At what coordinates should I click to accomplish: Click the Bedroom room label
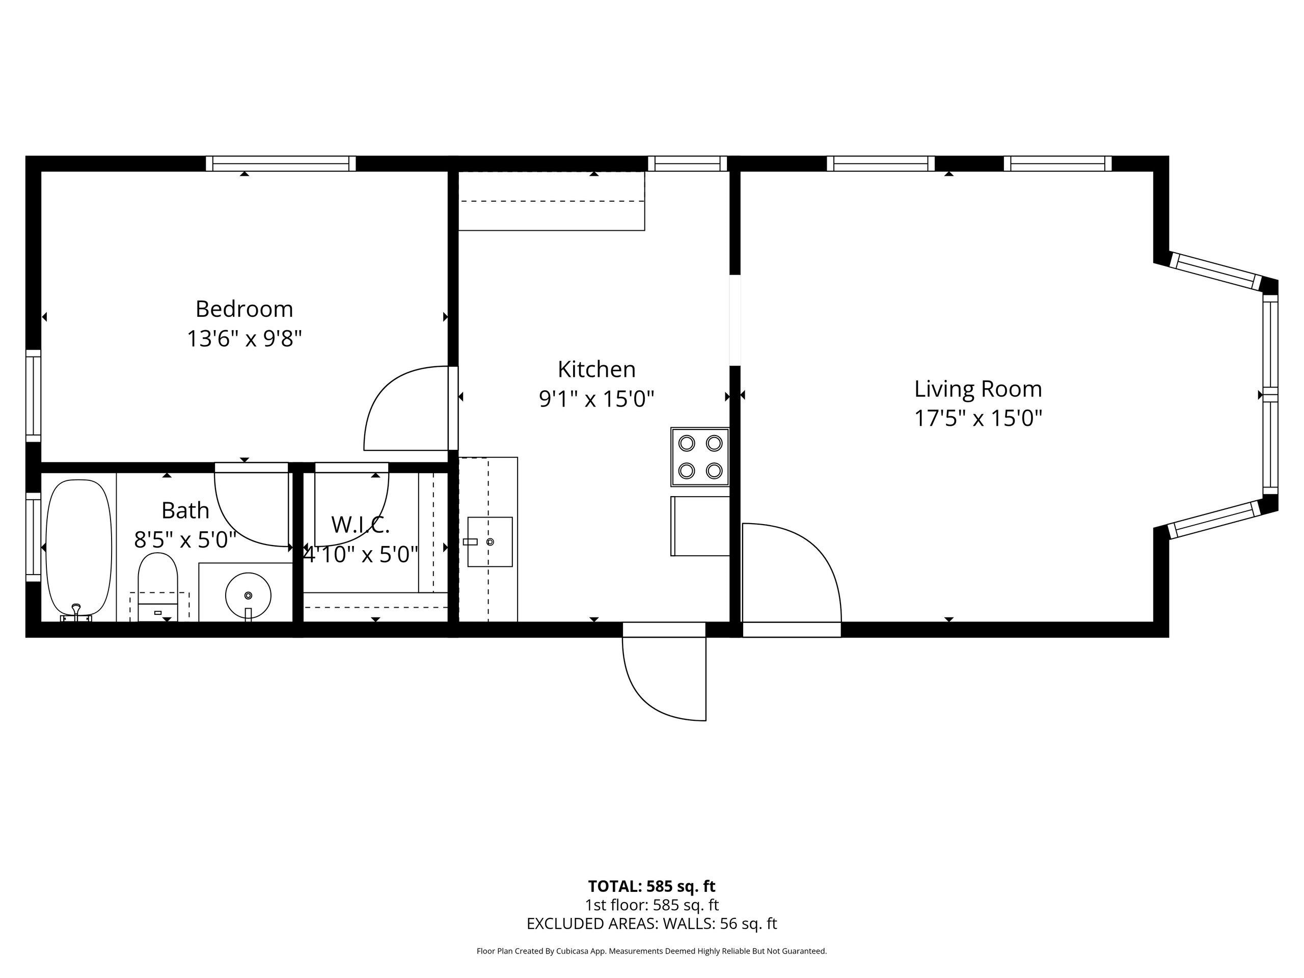[244, 309]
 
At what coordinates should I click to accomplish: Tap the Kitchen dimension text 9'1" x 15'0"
[596, 399]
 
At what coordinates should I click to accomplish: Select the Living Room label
[978, 389]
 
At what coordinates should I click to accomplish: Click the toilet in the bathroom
[157, 587]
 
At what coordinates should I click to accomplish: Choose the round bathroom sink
[248, 595]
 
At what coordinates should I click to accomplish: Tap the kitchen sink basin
[490, 542]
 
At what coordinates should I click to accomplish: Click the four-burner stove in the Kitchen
[700, 457]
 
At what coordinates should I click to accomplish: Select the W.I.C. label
[360, 524]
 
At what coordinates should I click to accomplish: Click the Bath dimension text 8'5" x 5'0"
[185, 539]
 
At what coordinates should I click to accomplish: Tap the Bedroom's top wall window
[281, 164]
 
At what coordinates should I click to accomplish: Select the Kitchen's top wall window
[687, 164]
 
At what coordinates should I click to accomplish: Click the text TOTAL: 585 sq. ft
[651, 886]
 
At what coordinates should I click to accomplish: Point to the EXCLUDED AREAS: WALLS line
[651, 924]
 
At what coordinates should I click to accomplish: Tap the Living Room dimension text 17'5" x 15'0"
[978, 419]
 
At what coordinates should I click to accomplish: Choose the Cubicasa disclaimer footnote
[651, 951]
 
